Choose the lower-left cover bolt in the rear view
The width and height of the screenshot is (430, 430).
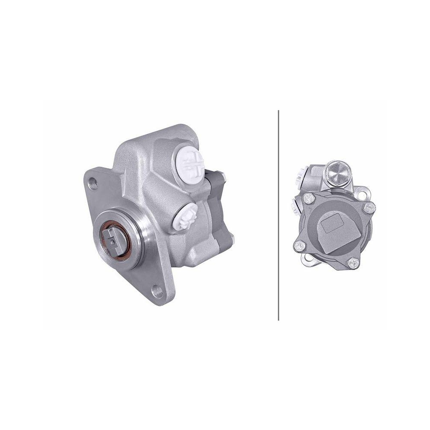coord(297,246)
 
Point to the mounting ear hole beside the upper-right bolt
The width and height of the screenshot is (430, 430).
coord(367,192)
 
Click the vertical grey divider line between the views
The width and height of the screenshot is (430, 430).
coord(279,215)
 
